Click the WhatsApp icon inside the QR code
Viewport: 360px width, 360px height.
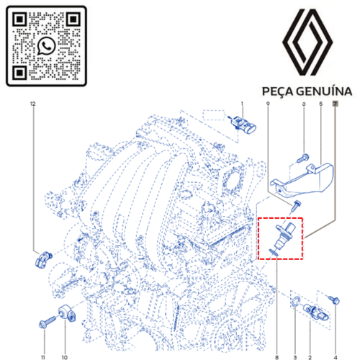coord(47,46)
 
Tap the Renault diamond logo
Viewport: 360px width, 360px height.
coord(307,42)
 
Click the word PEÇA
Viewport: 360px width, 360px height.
coord(277,92)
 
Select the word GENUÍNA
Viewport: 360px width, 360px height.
coord(324,91)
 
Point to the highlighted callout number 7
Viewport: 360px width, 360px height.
coord(335,104)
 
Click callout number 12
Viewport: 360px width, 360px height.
coord(33,104)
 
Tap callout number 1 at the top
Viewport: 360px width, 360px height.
coord(242,104)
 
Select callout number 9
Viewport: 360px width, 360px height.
coord(268,104)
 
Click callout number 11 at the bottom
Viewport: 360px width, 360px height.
coord(43,357)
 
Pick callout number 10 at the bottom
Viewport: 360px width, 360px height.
coord(65,357)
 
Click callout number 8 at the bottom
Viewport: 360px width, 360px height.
coord(277,357)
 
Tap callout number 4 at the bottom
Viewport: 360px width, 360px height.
coord(336,357)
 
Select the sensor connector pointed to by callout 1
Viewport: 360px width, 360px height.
coord(243,125)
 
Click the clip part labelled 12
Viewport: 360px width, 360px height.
coord(43,259)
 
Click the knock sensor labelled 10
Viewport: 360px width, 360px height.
coord(67,312)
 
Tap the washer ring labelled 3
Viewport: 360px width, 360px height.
coord(297,302)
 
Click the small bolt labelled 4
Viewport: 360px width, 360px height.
coord(334,300)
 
